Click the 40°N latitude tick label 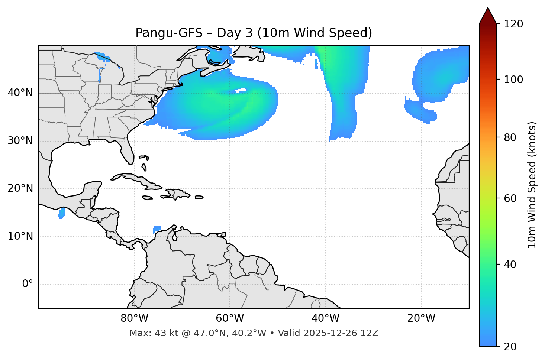[20, 93]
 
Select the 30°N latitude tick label [20, 141]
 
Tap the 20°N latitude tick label [20, 188]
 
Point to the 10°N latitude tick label [20, 236]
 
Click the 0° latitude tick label [28, 284]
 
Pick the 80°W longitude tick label [134, 318]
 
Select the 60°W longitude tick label [230, 318]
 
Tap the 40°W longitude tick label [326, 318]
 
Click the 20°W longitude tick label [421, 318]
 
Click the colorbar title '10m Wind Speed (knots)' [532, 185]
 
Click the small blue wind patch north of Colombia [157, 229]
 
